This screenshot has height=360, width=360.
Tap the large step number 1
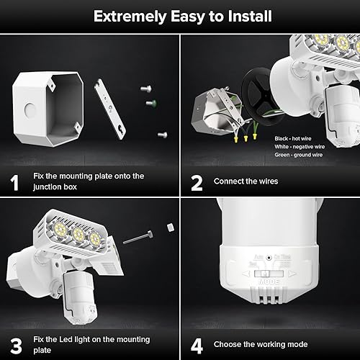[14, 181]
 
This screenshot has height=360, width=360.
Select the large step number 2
[196, 181]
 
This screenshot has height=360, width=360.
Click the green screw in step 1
[151, 103]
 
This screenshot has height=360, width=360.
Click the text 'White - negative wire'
[300, 145]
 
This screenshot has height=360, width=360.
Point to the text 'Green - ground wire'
[298, 153]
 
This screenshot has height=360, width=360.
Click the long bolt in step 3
[138, 237]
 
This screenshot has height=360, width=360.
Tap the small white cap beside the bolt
[171, 226]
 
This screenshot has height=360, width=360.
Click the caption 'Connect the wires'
[246, 181]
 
